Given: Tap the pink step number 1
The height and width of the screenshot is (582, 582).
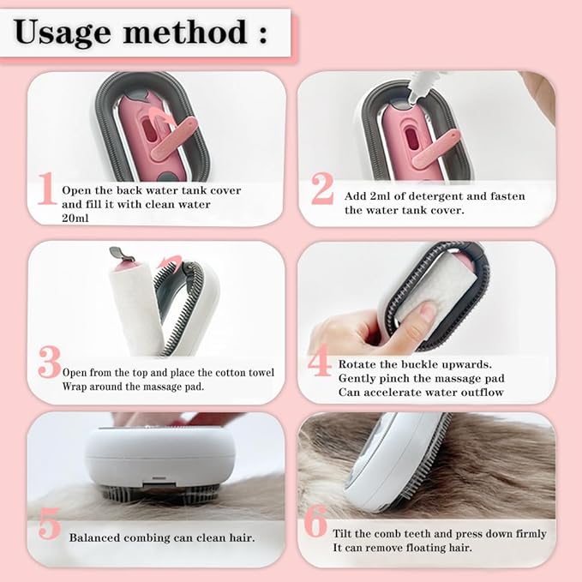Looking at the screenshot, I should click(46, 190).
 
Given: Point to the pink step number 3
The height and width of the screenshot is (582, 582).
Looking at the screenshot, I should click(49, 363).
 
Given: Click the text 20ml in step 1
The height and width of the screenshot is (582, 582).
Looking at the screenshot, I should click(75, 219).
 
